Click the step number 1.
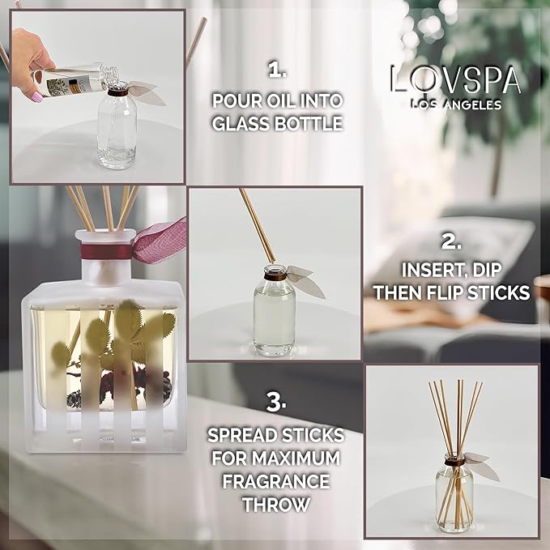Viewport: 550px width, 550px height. (x=278, y=70)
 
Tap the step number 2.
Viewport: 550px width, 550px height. (x=451, y=241)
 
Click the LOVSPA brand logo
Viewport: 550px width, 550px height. (x=454, y=80)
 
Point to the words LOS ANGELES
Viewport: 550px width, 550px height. (x=455, y=104)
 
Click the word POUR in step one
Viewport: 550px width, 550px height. (x=235, y=101)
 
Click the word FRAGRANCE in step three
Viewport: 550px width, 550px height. (x=277, y=481)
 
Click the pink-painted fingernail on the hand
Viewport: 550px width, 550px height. (x=38, y=96)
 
